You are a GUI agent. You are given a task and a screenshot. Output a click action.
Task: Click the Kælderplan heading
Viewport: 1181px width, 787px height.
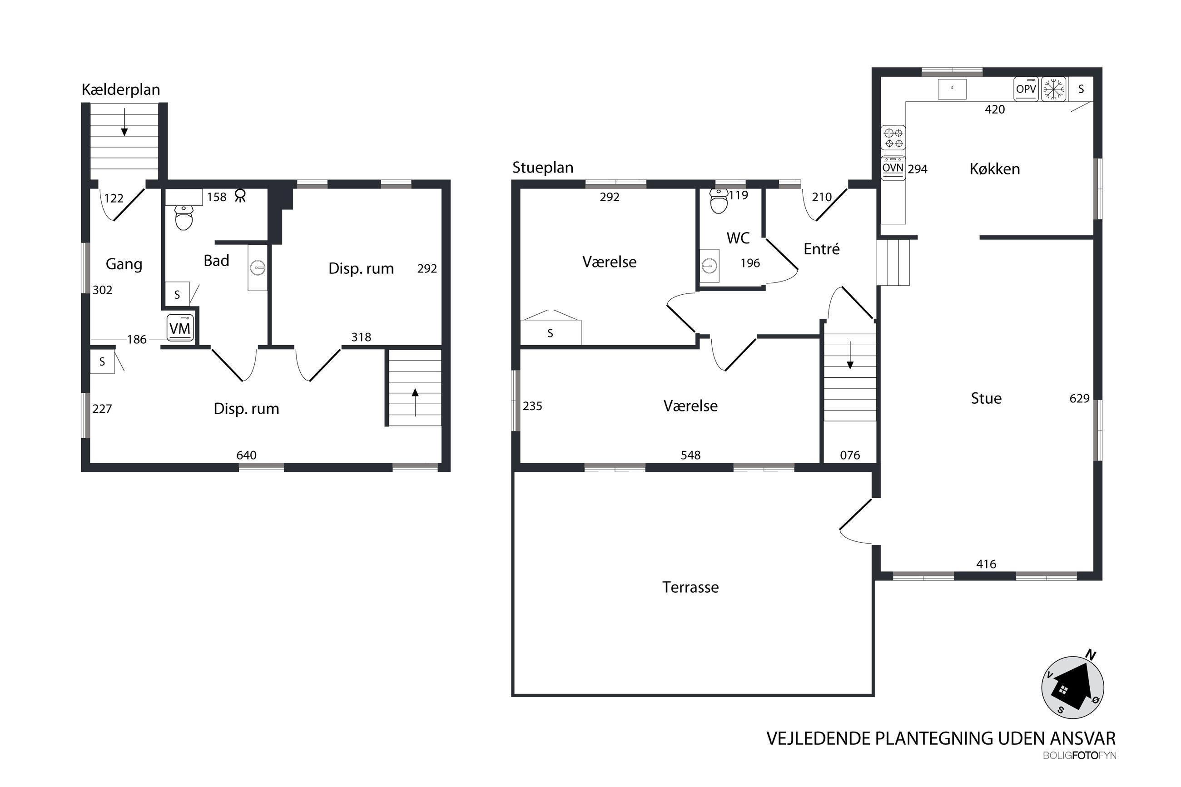click(x=120, y=90)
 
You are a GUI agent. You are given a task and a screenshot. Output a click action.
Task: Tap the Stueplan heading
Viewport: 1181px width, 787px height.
click(x=542, y=168)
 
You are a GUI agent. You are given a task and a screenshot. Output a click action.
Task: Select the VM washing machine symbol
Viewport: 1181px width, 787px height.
click(x=180, y=328)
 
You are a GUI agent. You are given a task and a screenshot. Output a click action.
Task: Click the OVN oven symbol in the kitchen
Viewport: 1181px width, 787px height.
click(x=893, y=168)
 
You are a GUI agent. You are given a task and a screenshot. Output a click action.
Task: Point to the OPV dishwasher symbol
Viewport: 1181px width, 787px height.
click(x=1026, y=89)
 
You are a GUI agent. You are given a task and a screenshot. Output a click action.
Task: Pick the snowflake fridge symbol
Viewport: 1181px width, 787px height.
click(x=1053, y=89)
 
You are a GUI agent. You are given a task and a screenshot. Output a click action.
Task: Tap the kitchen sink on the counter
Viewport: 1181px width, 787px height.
click(x=952, y=89)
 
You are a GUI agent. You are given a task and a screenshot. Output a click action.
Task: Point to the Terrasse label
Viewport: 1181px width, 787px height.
click(x=690, y=587)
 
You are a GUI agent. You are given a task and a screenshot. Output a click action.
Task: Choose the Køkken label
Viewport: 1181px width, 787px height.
click(x=994, y=169)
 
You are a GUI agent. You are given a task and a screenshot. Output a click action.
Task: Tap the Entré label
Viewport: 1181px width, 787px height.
click(x=821, y=249)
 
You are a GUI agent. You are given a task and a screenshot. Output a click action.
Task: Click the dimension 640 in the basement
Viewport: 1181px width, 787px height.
click(x=247, y=455)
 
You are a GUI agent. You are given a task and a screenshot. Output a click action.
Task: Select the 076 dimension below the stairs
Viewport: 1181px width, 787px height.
click(x=850, y=455)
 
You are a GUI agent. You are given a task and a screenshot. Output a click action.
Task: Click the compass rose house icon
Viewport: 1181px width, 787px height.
click(x=1072, y=687)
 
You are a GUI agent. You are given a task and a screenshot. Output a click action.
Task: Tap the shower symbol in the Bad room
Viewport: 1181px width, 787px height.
click(x=240, y=195)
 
